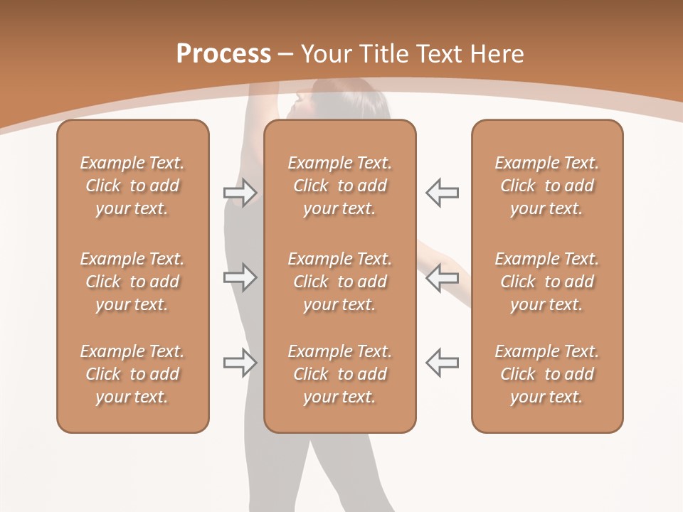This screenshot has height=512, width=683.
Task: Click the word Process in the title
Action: tap(223, 54)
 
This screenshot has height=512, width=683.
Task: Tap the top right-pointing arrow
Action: tap(240, 193)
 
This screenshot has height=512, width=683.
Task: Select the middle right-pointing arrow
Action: tap(240, 277)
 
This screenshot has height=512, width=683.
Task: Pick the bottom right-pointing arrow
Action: tap(240, 362)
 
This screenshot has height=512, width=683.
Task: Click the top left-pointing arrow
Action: tap(442, 193)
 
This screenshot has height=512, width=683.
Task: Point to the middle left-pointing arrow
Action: tap(442, 277)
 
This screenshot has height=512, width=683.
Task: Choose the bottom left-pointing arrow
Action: tap(442, 362)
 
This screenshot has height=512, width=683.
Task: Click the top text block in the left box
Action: tap(132, 186)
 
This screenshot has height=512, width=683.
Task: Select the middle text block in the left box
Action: tap(132, 282)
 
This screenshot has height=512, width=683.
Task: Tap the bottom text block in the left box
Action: tap(132, 374)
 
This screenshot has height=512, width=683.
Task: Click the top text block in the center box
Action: tap(339, 186)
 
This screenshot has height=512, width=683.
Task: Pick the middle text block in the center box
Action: tap(339, 282)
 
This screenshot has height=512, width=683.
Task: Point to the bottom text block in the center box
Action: tap(339, 374)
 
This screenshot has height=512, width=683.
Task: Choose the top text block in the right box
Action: tap(547, 186)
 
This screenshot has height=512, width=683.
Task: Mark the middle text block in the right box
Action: tap(547, 282)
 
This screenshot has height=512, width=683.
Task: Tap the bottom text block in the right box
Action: tap(547, 374)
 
